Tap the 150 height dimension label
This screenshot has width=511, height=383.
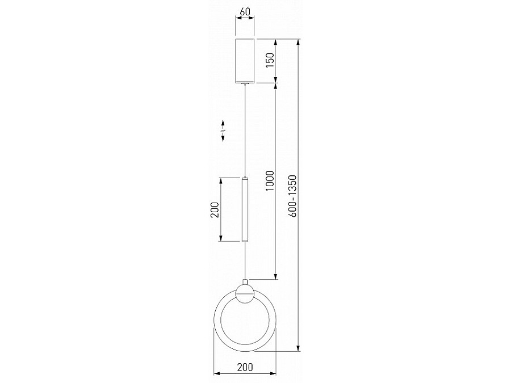270,60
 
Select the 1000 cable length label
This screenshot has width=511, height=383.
270,181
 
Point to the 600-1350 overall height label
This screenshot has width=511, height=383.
292,196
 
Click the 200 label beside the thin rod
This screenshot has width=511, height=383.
215,210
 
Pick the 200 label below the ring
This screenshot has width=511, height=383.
245,367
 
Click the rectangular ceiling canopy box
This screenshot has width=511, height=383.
245,61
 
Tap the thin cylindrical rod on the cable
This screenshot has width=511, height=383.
245,210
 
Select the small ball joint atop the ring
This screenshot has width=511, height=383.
245,294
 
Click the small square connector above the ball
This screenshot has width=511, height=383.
245,282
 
